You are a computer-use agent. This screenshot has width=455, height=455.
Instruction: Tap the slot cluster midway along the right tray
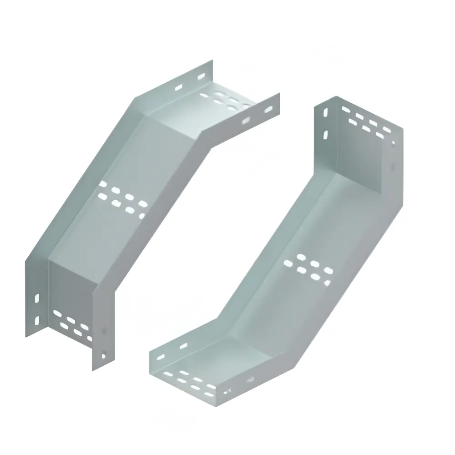click(x=308, y=268)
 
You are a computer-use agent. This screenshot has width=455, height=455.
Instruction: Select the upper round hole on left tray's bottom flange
click(x=104, y=331)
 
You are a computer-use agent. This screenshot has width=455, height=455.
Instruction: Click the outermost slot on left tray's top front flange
click(x=268, y=109)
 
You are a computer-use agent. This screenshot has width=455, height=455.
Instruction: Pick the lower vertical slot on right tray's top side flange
click(x=325, y=135)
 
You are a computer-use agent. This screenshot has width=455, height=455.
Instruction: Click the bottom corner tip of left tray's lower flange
click(x=93, y=370)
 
